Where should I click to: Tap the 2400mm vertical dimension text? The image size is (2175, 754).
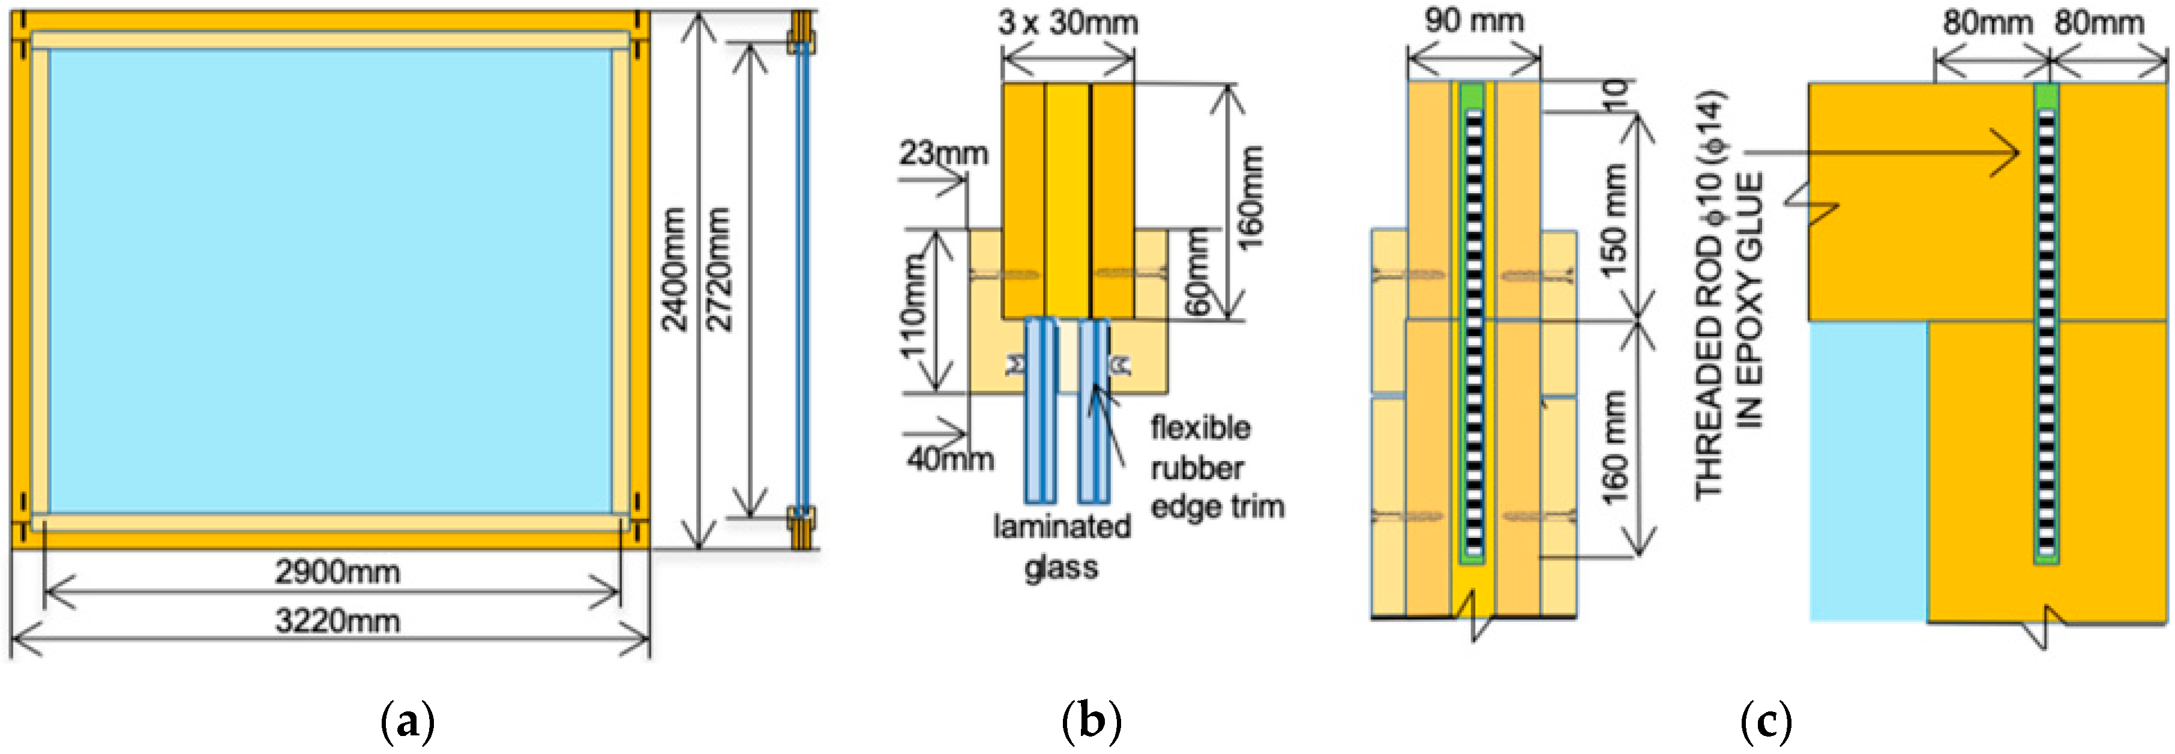tap(673, 270)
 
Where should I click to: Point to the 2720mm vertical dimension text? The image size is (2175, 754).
tap(718, 270)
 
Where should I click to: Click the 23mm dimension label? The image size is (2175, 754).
tap(942, 154)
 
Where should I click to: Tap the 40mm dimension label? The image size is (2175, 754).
tap(950, 459)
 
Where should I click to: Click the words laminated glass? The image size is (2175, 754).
tap(1061, 546)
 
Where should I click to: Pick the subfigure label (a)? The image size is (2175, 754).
tap(408, 723)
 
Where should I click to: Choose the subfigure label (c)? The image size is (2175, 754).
tap(1766, 723)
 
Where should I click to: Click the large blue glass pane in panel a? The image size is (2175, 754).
tap(329, 279)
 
